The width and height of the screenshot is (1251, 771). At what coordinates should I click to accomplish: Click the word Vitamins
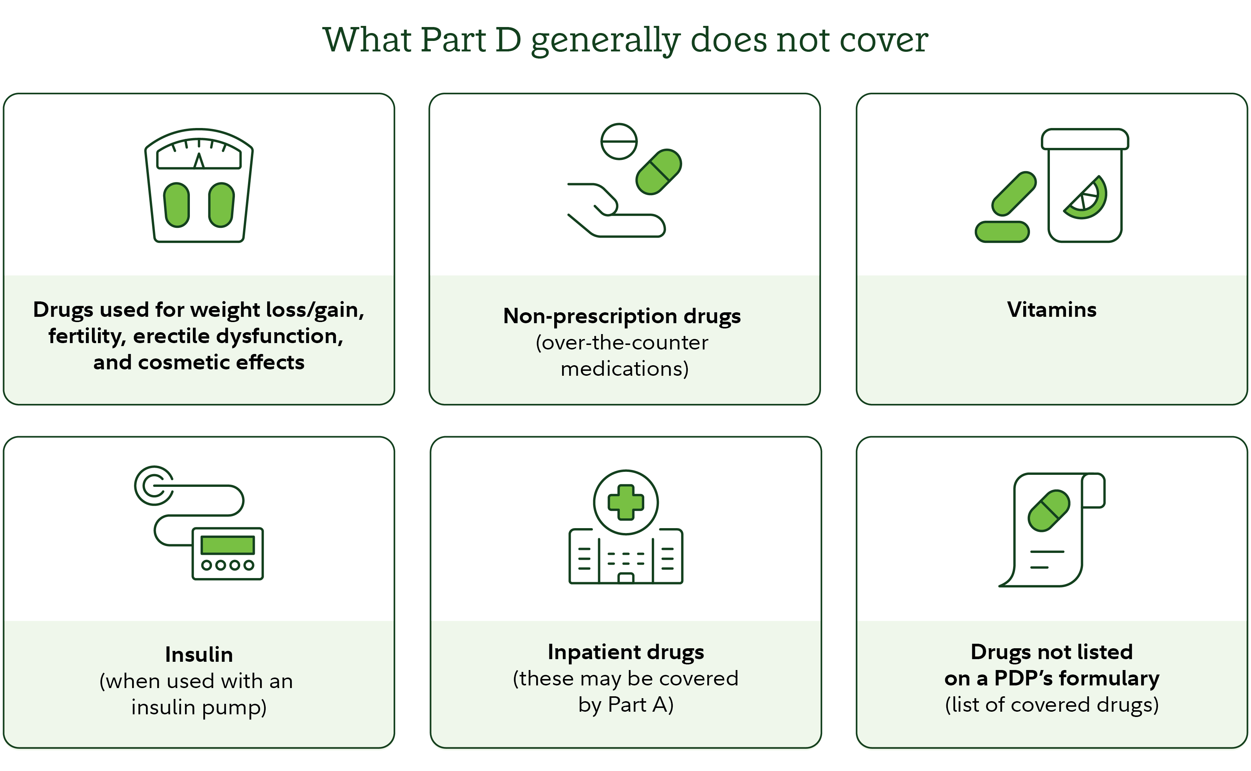(x=1051, y=310)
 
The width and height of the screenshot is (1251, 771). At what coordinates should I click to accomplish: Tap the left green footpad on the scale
(x=177, y=205)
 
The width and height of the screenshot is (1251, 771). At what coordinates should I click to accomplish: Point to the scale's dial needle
(x=199, y=161)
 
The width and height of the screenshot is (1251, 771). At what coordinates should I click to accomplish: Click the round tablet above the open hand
(x=619, y=141)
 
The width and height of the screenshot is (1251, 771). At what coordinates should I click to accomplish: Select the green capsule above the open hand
(x=659, y=172)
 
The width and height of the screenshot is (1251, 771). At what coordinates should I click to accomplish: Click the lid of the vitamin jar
(x=1085, y=139)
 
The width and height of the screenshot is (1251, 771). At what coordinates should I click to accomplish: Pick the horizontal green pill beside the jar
(x=1002, y=232)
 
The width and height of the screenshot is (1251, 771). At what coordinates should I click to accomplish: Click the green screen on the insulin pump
(x=227, y=545)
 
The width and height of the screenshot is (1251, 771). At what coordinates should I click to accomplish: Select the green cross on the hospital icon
(x=626, y=502)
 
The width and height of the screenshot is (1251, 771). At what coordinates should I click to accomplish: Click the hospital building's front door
(x=626, y=578)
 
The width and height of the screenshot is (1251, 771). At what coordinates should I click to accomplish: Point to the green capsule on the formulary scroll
(x=1049, y=511)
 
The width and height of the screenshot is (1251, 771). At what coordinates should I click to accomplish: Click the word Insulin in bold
(x=199, y=655)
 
